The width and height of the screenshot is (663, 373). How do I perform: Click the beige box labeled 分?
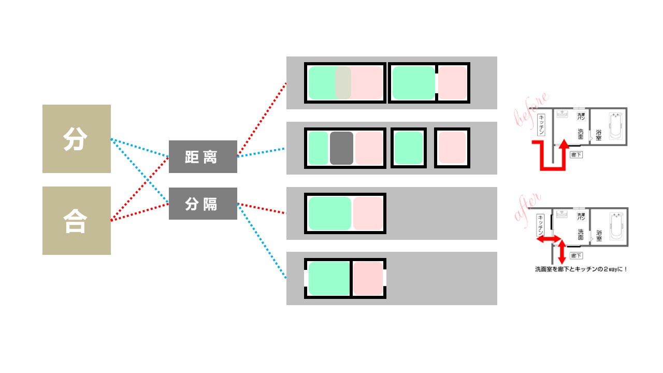(x=76, y=139)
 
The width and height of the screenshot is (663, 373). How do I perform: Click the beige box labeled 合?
(x=76, y=221)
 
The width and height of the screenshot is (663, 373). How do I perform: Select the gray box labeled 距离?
(x=203, y=156)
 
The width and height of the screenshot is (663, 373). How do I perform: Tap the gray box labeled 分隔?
(x=203, y=204)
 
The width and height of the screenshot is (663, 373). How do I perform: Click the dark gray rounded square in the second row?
(x=341, y=148)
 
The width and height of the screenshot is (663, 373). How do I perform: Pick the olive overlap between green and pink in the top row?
(x=343, y=83)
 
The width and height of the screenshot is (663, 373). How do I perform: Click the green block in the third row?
(x=329, y=213)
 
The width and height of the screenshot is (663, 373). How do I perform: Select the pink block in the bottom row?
(x=368, y=279)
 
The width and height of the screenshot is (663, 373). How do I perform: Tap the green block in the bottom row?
(x=329, y=279)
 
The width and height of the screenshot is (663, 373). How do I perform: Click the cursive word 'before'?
(x=530, y=110)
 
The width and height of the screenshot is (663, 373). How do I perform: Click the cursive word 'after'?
(x=527, y=207)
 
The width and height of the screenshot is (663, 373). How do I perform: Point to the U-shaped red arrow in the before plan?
(x=548, y=159)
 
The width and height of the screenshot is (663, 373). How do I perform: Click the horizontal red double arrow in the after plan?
(x=549, y=239)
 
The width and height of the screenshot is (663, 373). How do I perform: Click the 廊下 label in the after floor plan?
(x=576, y=255)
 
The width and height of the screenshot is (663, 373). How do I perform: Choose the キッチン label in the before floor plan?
(x=542, y=125)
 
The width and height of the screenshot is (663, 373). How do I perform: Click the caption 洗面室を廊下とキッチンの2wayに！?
(x=581, y=269)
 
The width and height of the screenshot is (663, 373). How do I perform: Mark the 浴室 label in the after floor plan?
(x=599, y=236)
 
